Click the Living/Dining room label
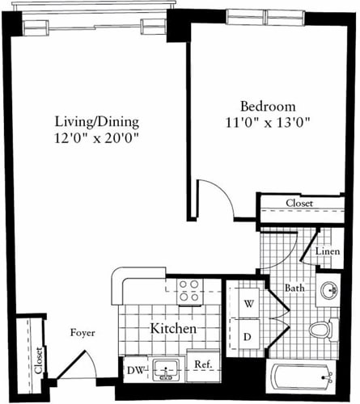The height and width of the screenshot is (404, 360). [x=97, y=122]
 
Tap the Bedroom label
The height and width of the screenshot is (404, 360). [x=267, y=107]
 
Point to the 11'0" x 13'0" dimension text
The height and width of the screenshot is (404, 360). [x=267, y=123]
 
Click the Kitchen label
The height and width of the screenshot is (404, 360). [x=174, y=330]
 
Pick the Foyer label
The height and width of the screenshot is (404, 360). [x=83, y=332]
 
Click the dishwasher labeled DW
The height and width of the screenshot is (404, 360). [x=135, y=371]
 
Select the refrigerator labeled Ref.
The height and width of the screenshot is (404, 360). [x=203, y=365]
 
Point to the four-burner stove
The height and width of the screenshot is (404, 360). [x=189, y=291]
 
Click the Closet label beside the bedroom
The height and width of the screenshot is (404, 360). [x=300, y=204]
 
